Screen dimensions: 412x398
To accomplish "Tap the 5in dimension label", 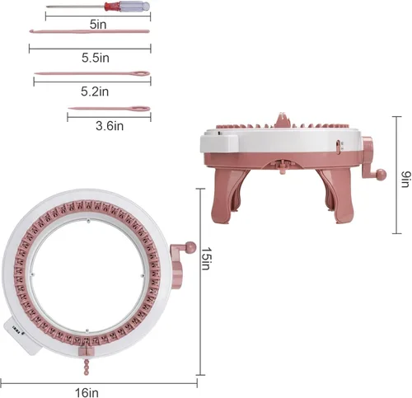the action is point(98,25).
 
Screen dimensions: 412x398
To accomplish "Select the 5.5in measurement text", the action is point(96,58).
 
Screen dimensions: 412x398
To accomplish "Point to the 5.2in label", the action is point(95,91).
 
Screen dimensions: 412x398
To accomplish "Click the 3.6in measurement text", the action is point(110,126).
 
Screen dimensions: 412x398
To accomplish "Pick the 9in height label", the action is point(406,179).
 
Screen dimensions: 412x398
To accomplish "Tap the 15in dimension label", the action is point(206,259).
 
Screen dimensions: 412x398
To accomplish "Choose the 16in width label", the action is point(87,392).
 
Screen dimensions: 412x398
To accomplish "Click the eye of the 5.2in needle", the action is point(140,73).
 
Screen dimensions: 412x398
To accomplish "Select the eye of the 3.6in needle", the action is point(141,109).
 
